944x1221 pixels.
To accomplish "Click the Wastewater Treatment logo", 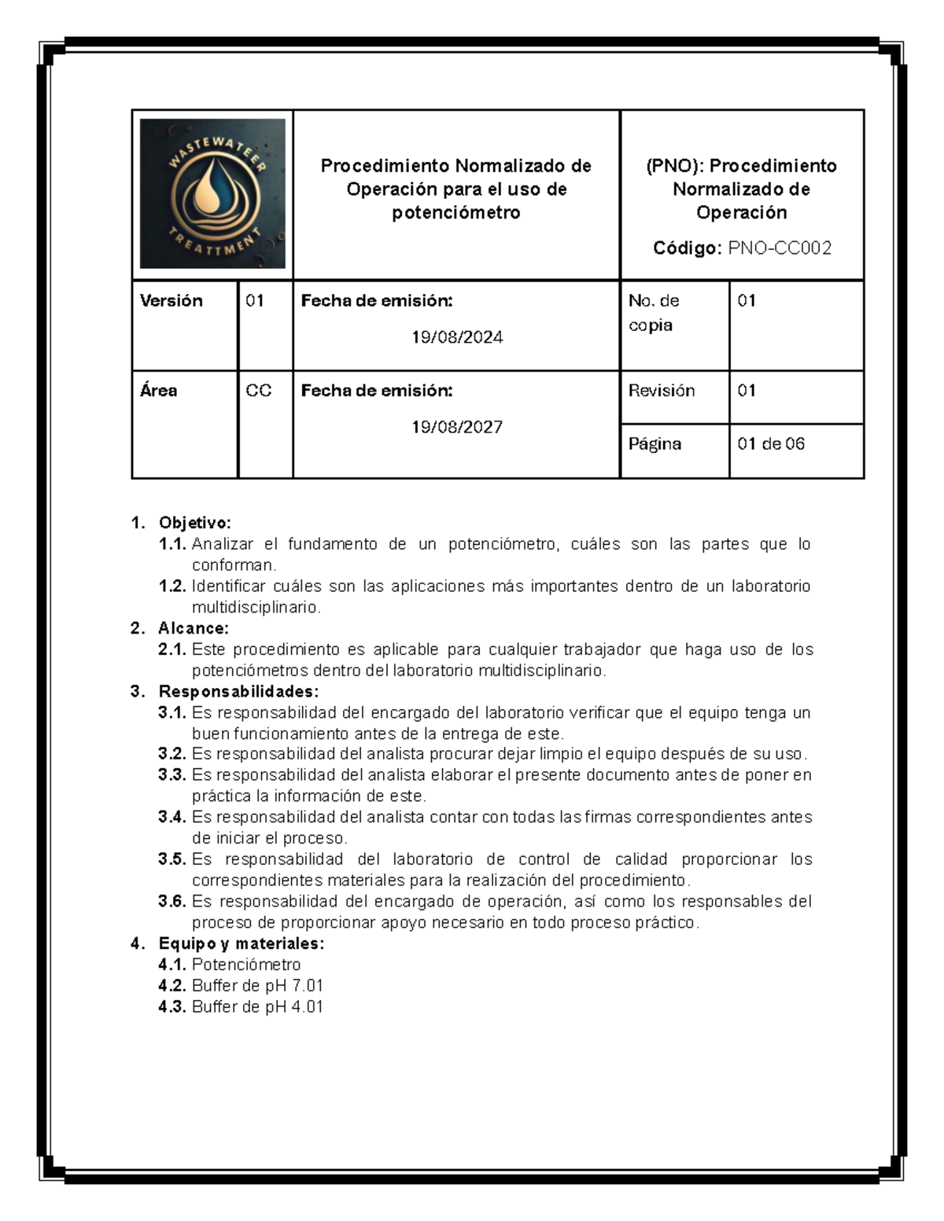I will click(212, 193).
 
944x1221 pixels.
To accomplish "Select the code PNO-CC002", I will click(779, 248).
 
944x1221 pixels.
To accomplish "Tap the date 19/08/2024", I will click(457, 337).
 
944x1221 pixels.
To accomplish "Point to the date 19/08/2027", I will click(457, 427).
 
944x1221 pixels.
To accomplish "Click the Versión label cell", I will click(171, 300).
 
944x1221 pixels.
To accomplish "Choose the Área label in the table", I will click(158, 391).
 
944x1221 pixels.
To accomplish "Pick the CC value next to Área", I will click(258, 391).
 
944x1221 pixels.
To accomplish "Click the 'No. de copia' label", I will click(654, 312).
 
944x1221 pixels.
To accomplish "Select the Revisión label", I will click(662, 391).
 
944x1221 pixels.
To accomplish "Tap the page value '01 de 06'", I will click(771, 443).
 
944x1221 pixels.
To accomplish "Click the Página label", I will click(655, 443).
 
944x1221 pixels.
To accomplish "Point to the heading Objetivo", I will click(194, 523).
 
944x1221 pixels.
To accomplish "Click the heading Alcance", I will click(194, 628).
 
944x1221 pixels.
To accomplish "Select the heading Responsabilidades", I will click(238, 691).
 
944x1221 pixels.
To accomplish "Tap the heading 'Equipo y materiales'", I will click(241, 943).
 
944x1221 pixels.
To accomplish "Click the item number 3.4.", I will click(171, 817).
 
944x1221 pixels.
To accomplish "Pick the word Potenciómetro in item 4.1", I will click(246, 965).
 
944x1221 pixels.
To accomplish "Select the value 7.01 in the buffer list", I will click(307, 986).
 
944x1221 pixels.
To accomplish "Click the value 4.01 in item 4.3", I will click(307, 1007).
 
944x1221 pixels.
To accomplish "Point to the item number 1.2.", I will click(171, 587).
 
